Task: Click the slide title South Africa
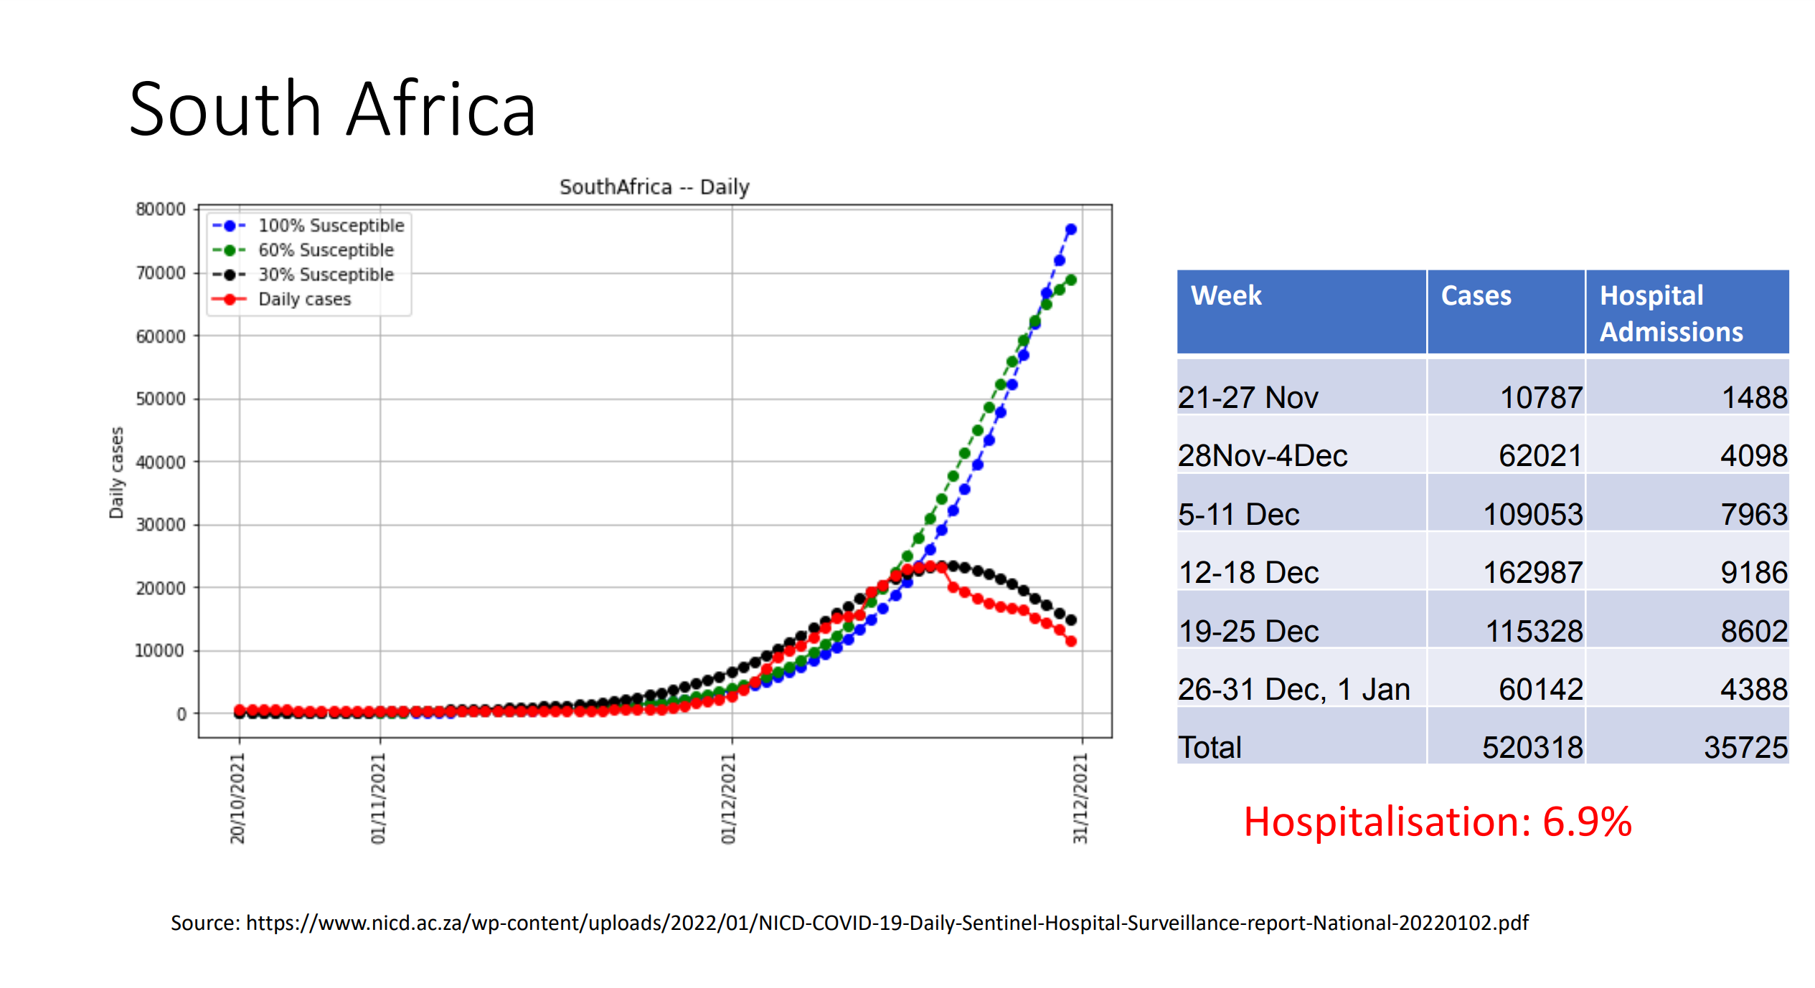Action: [x=332, y=109]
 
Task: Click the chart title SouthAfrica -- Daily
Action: [x=654, y=187]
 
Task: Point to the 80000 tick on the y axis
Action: [x=161, y=209]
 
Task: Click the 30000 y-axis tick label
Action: [x=161, y=525]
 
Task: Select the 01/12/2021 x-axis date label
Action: [x=728, y=799]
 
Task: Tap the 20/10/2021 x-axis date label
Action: [x=237, y=799]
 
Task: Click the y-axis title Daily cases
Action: [x=116, y=472]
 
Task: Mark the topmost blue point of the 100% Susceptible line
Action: [x=1071, y=229]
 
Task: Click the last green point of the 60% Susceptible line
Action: [x=1071, y=280]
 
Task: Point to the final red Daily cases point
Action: [x=1071, y=642]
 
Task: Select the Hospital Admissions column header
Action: [x=1672, y=313]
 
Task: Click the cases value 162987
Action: [x=1532, y=572]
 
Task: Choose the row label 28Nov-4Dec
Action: [x=1263, y=455]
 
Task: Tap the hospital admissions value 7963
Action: [x=1754, y=514]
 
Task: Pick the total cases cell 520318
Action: [x=1532, y=747]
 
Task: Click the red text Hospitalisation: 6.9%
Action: [x=1438, y=822]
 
